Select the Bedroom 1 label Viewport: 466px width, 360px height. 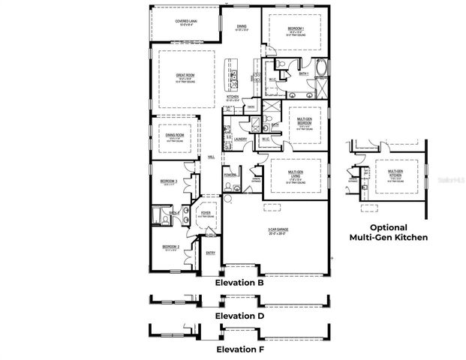click(x=296, y=31)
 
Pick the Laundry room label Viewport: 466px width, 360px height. click(x=241, y=139)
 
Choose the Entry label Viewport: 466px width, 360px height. click(x=211, y=253)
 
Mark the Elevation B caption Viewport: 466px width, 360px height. click(x=239, y=283)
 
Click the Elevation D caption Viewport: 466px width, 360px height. click(x=239, y=316)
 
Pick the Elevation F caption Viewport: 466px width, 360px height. click(x=239, y=349)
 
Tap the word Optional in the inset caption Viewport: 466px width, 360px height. click(x=389, y=227)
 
